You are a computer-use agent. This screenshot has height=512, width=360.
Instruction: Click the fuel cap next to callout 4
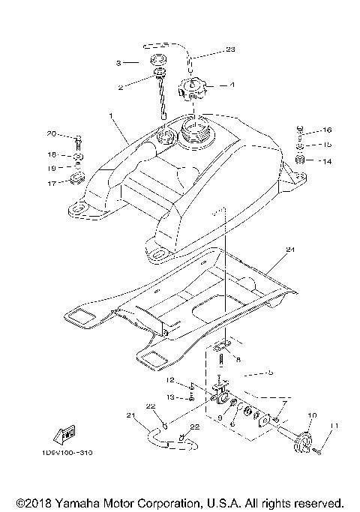pos(192,92)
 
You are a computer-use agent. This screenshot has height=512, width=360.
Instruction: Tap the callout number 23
pos(230,50)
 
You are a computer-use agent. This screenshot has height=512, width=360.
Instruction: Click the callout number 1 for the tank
pos(111,118)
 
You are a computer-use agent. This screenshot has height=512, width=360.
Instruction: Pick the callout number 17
pos(51,182)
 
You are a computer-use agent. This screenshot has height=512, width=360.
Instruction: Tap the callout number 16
pos(326,130)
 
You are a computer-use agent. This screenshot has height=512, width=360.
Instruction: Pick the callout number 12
pos(170,381)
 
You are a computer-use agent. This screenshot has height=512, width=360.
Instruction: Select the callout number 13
pos(170,397)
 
